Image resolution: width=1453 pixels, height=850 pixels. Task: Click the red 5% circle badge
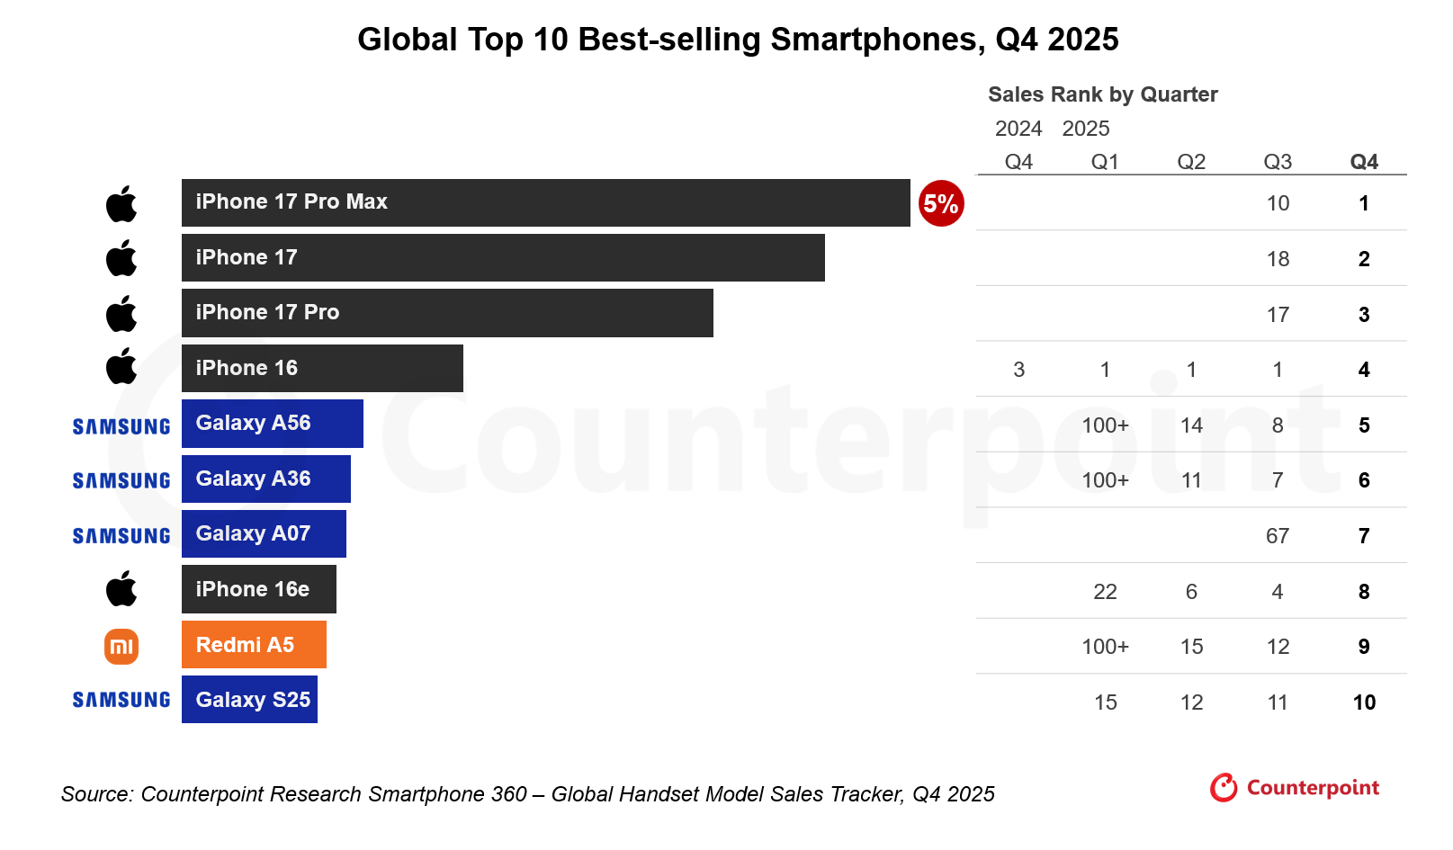pyautogui.click(x=941, y=203)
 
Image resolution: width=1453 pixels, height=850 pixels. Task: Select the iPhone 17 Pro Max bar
pyautogui.click(x=545, y=202)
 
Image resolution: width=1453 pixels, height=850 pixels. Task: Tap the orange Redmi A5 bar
pyautogui.click(x=254, y=645)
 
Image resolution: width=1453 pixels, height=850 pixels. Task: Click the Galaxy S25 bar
pyautogui.click(x=249, y=700)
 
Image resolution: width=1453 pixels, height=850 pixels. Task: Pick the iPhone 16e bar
pyautogui.click(x=258, y=589)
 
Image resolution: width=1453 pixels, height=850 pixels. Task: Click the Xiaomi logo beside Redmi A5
pyautogui.click(x=121, y=646)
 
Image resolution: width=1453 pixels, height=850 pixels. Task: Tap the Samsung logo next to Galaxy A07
pyautogui.click(x=121, y=536)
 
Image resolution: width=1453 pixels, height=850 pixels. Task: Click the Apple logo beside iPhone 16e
pyautogui.click(x=121, y=589)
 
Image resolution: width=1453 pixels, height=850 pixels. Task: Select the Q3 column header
pyautogui.click(x=1278, y=162)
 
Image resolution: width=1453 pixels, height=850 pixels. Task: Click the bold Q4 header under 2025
pyautogui.click(x=1364, y=162)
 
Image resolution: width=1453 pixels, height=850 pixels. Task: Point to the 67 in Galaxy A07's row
pyautogui.click(x=1278, y=536)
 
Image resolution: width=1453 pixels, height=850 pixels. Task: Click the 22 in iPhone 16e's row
pyautogui.click(x=1105, y=592)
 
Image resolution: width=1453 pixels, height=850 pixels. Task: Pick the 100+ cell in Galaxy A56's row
pyautogui.click(x=1105, y=425)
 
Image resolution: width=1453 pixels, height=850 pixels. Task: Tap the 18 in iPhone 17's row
pyautogui.click(x=1278, y=259)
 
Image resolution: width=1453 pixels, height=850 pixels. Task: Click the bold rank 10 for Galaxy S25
pyautogui.click(x=1364, y=702)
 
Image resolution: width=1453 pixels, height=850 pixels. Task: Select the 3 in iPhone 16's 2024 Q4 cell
pyautogui.click(x=1018, y=370)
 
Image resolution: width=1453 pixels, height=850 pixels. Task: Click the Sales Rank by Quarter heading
pyautogui.click(x=1102, y=94)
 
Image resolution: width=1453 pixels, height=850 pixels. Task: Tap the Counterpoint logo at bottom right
pyautogui.click(x=1295, y=788)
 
